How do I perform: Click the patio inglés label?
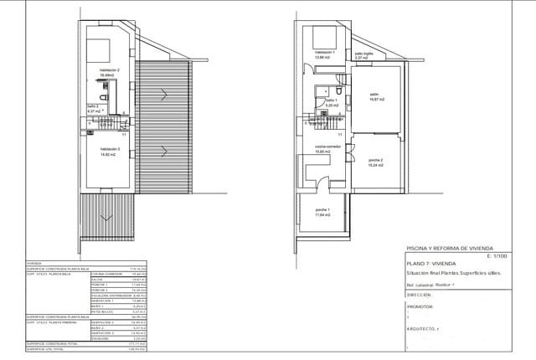tap(363, 52)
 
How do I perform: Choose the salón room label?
tap(374, 95)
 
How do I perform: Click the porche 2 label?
tap(374, 160)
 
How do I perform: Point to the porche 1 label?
tap(322, 209)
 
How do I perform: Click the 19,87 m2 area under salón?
tap(374, 100)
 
